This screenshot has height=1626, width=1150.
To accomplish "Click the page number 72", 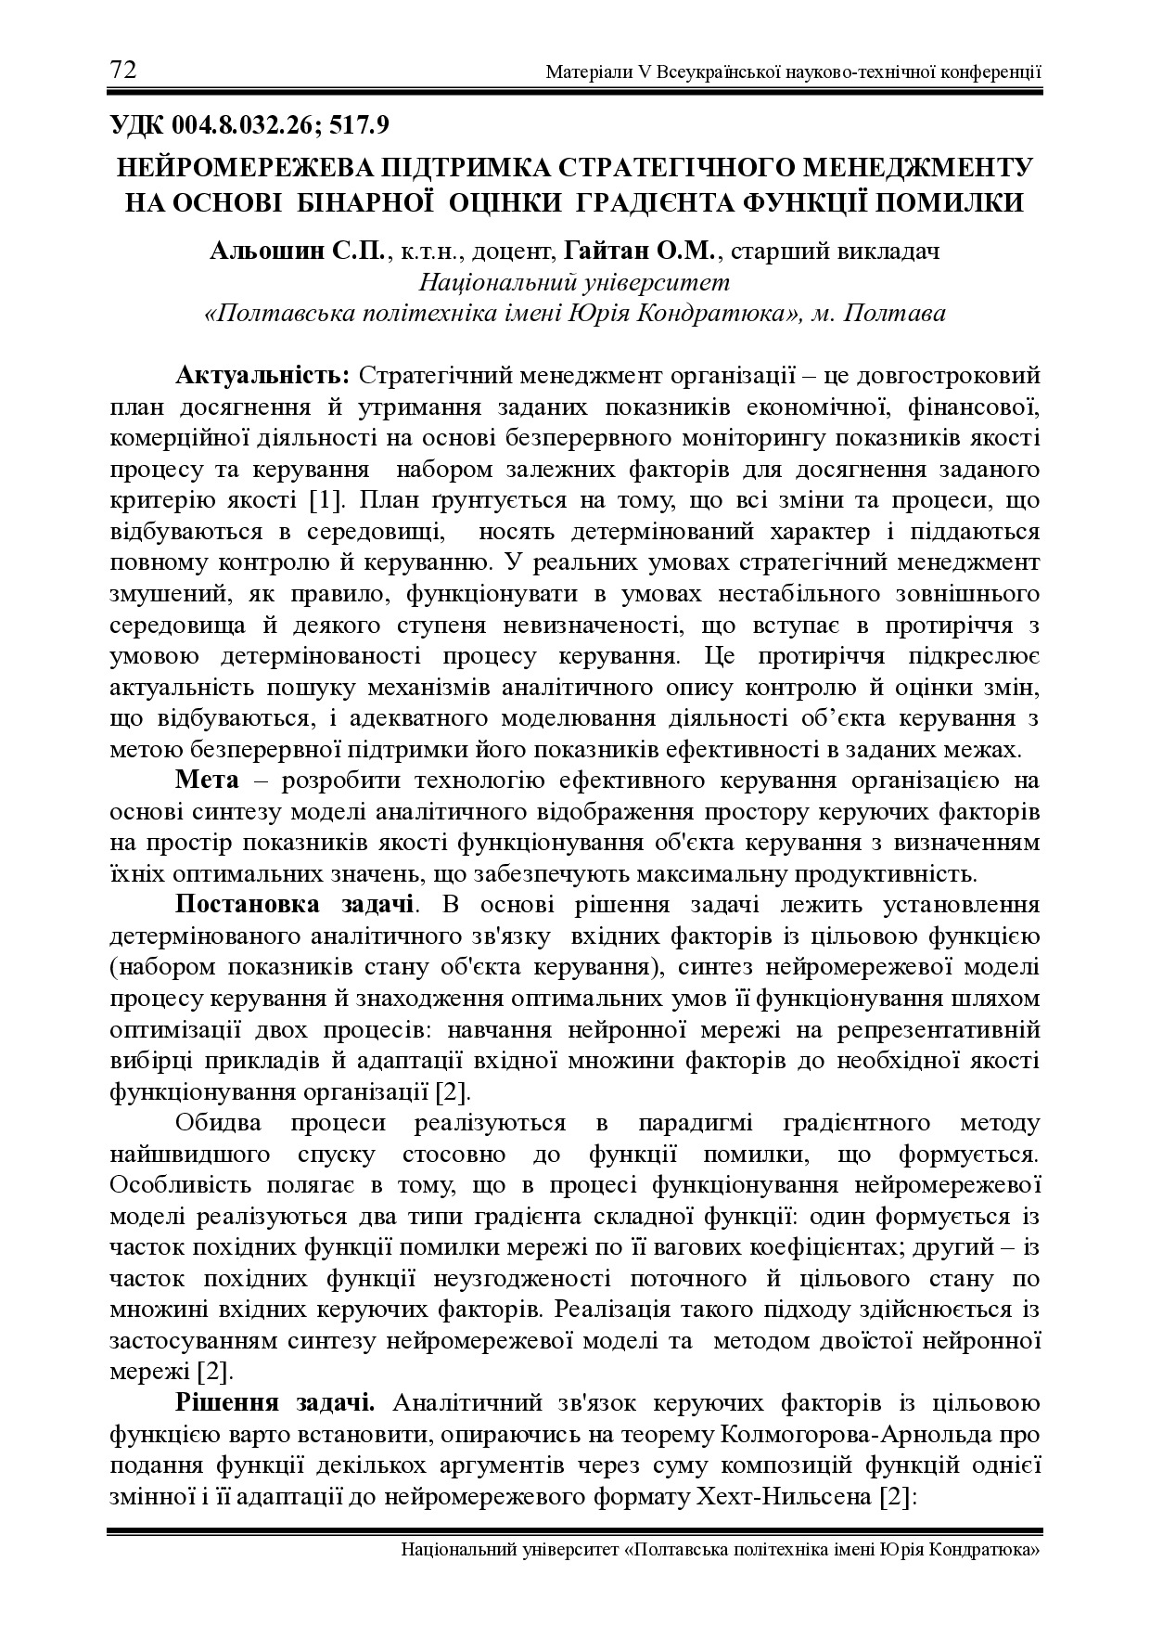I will point(123,71).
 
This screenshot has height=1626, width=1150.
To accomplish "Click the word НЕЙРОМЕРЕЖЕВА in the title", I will point(245,168).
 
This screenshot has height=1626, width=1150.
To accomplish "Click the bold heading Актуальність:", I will point(262,376).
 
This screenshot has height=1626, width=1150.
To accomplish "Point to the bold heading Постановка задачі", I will point(295,904).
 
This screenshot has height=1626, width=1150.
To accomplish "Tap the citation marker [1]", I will point(326,501).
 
